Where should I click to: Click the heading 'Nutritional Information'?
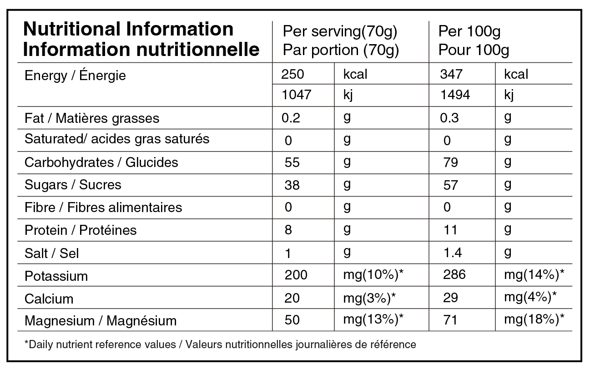point(128,30)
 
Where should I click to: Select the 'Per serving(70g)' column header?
point(340,31)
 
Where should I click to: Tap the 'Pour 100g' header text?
point(474,50)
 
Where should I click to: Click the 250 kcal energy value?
point(292,74)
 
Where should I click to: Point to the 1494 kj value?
point(455,95)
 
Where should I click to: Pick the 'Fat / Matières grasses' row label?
point(92,118)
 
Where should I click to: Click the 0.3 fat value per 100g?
point(449,118)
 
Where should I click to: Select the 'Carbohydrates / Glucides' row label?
point(101,162)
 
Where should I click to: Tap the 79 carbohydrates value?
point(450,162)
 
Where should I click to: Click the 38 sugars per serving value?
point(290,185)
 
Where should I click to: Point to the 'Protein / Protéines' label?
point(81,230)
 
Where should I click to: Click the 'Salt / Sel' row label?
point(52,253)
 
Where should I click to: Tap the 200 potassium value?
point(296,275)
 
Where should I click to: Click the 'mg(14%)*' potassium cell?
point(534,274)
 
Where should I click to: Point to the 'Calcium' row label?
point(49,299)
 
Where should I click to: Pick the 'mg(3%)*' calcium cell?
point(369,298)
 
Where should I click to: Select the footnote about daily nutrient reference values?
point(220,345)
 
